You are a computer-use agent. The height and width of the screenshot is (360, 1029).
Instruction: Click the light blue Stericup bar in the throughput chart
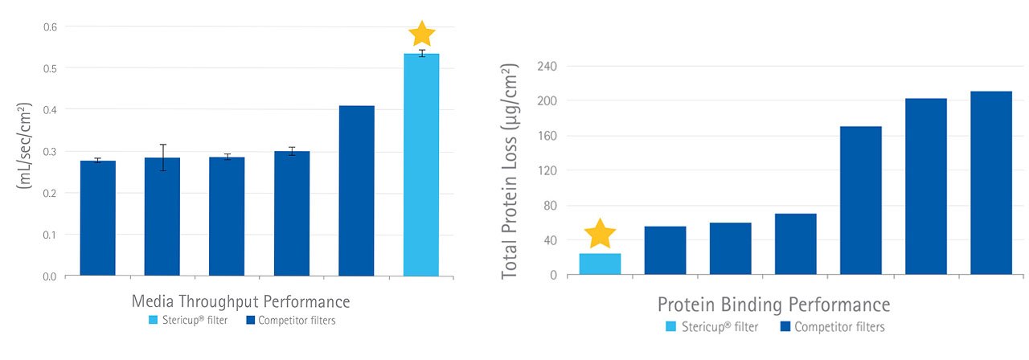tap(421, 165)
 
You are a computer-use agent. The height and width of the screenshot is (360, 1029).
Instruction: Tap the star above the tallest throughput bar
tap(422, 34)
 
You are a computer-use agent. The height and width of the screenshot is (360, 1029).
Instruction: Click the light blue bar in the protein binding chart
tap(601, 264)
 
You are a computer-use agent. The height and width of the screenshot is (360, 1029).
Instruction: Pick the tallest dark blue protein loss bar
tap(990, 183)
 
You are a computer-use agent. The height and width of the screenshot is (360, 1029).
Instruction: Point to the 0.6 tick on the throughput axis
tap(51, 27)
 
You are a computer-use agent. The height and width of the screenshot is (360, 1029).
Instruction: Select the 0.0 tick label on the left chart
tap(51, 276)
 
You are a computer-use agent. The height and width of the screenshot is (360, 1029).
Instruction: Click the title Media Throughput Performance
tap(240, 302)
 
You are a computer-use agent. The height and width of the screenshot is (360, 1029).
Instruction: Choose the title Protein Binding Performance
tap(773, 305)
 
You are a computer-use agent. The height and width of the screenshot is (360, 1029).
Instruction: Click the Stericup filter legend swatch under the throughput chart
tap(154, 321)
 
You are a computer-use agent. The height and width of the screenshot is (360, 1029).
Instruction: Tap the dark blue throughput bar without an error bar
tap(356, 190)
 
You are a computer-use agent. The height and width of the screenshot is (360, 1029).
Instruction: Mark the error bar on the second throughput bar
tap(162, 157)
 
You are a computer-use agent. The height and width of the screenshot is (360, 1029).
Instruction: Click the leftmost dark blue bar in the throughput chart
tap(98, 218)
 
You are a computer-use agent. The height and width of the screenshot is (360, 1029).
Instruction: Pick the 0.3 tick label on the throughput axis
tap(51, 151)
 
